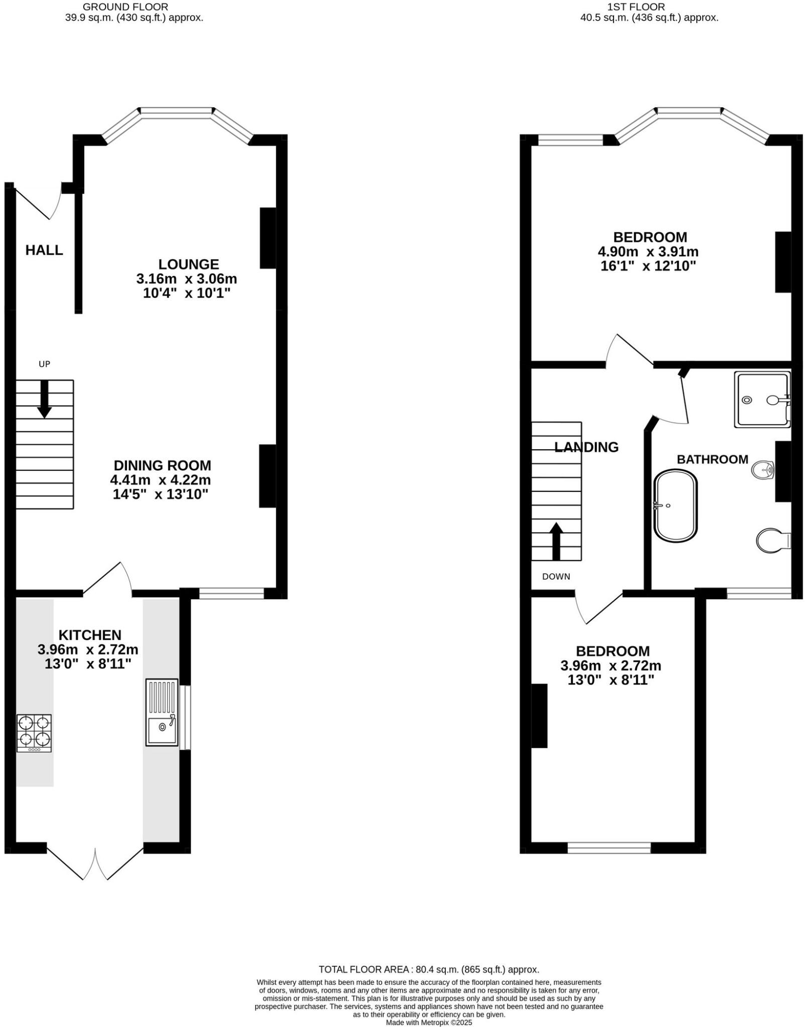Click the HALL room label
(x=44, y=250)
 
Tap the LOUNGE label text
(x=189, y=264)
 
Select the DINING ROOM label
(x=163, y=465)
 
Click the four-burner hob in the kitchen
(x=34, y=733)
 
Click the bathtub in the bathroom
(x=675, y=505)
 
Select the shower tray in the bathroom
(x=761, y=400)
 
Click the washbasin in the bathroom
(x=763, y=470)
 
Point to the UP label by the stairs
(x=45, y=364)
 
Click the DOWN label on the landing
(x=556, y=577)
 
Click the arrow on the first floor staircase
(x=556, y=541)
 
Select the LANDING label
(x=586, y=447)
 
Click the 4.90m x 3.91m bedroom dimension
(x=648, y=252)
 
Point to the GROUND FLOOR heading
(x=125, y=7)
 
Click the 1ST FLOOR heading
(x=636, y=7)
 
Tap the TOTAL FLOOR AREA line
(x=429, y=969)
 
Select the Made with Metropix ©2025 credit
(x=429, y=1022)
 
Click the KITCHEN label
(x=90, y=635)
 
